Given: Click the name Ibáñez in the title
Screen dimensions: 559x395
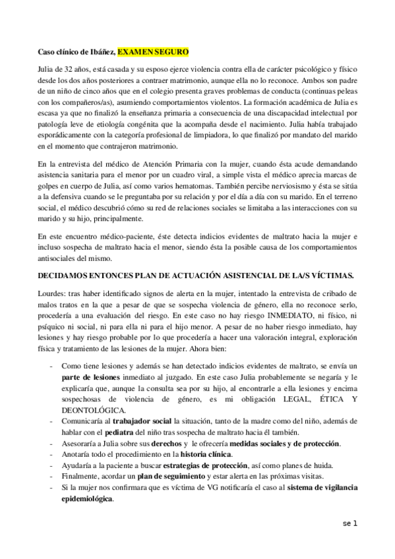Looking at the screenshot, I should tap(102, 51).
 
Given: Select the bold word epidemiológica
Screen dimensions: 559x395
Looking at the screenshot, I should tap(86, 499).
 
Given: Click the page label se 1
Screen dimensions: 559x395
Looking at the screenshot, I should tap(349, 524).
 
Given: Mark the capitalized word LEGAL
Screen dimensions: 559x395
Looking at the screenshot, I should tap(286, 398).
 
